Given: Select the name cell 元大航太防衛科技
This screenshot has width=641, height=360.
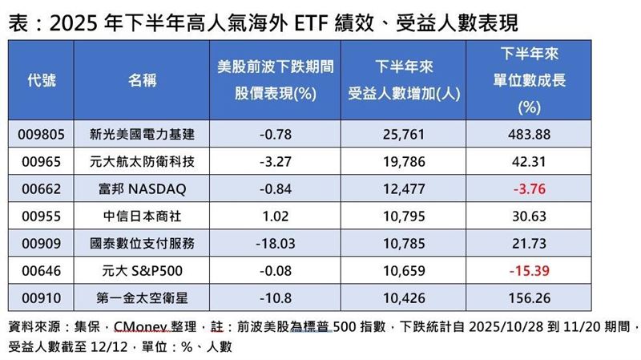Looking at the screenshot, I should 143,163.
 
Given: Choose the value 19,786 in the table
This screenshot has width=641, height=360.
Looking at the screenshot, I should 404,163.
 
